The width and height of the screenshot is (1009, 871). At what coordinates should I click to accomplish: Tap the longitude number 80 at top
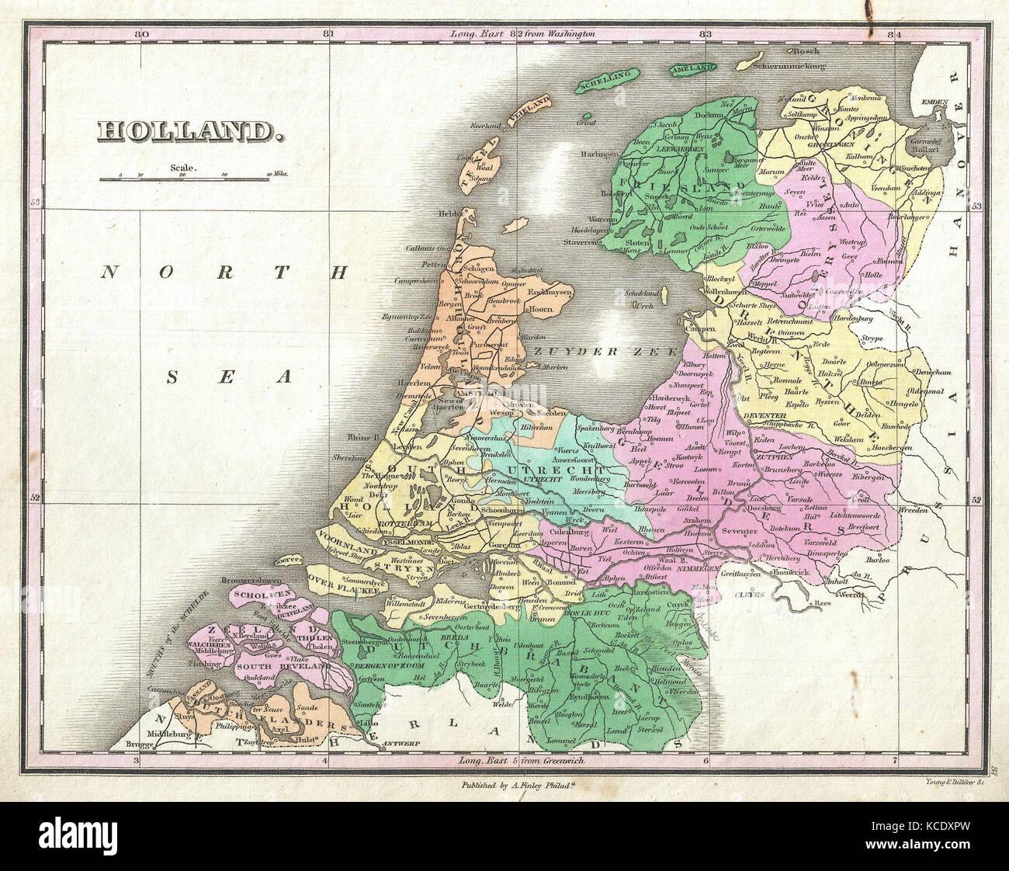140,34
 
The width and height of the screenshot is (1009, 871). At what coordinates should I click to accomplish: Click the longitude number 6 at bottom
705,762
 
